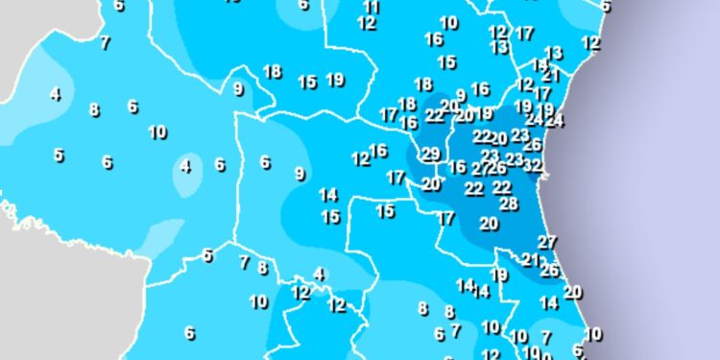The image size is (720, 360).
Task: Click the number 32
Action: [x=533, y=165]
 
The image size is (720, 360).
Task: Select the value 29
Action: [x=431, y=154]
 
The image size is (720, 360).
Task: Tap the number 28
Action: [x=509, y=203]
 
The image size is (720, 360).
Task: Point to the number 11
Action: [x=372, y=7]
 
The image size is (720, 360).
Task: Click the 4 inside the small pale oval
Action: [x=186, y=166]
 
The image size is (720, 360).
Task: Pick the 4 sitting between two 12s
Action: [x=320, y=275]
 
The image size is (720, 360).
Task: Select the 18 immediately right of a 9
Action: [x=272, y=71]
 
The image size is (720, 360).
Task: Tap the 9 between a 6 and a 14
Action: [x=300, y=174]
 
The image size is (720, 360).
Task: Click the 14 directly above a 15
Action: [x=328, y=195]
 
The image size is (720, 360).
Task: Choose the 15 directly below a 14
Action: [x=330, y=217]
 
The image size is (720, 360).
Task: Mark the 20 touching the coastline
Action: [x=573, y=292]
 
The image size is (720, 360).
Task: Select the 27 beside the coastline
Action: [x=547, y=242]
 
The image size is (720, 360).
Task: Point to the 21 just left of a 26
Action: [x=530, y=259]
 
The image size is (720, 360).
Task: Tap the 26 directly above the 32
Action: [x=533, y=145]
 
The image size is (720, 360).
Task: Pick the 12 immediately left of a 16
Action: [x=361, y=158]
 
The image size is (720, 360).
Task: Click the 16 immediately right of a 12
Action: [x=378, y=151]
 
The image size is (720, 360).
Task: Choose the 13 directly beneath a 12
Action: [x=499, y=46]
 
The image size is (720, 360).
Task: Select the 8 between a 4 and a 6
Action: [x=94, y=109]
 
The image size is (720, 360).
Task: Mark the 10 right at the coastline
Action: [x=593, y=334]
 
